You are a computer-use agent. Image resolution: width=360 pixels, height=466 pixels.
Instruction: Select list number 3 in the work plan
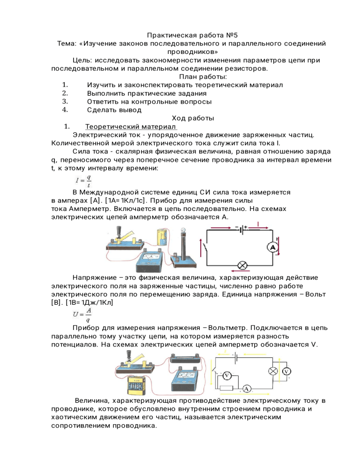point(65,101)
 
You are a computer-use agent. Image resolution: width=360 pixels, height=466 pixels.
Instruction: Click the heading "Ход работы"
point(193,118)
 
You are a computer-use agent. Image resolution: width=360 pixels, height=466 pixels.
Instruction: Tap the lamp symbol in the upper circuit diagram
point(243,265)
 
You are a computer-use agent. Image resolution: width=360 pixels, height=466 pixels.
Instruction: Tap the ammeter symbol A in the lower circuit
point(247,389)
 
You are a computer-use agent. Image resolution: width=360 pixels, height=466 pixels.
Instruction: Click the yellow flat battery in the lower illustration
point(135,388)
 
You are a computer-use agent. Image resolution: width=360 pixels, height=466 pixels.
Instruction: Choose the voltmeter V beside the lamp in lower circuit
point(286,371)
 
